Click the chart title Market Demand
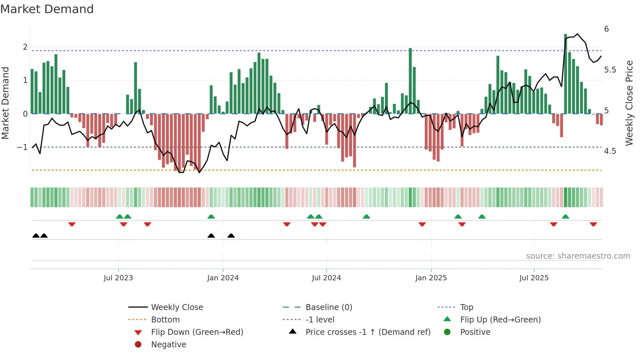47,9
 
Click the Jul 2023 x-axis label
118,278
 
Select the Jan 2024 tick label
223,278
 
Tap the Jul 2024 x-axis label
326,278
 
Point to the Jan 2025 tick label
431,278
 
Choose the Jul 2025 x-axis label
534,278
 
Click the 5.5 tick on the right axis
610,70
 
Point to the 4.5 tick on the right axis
610,151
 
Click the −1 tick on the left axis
22,147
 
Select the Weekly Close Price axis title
629,103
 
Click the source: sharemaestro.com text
578,256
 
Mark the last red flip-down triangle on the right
593,224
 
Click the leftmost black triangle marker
36,236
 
